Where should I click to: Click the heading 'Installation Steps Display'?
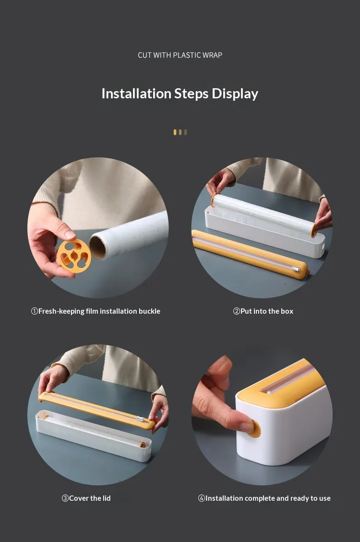[x=180, y=94]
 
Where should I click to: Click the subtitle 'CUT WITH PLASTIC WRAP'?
[x=180, y=55]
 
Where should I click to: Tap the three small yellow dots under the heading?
[x=180, y=132]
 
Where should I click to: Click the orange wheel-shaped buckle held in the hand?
[x=74, y=256]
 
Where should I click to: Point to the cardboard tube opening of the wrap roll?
[x=97, y=246]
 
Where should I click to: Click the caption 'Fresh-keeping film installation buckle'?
[x=99, y=311]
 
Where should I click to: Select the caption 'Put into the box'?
[x=266, y=311]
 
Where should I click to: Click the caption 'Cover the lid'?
[x=90, y=498]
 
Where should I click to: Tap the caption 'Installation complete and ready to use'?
[x=268, y=498]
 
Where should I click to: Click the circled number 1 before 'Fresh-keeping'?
[x=35, y=311]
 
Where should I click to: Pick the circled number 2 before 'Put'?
[x=237, y=311]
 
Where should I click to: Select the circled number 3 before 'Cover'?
[x=65, y=498]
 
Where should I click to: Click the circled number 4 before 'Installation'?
[x=202, y=498]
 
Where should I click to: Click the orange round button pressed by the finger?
[x=255, y=429]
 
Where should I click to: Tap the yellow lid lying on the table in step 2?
[x=250, y=254]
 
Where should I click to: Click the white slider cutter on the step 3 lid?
[x=140, y=419]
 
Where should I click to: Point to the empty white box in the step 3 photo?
[x=94, y=435]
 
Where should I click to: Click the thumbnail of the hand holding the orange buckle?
[x=98, y=228]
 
